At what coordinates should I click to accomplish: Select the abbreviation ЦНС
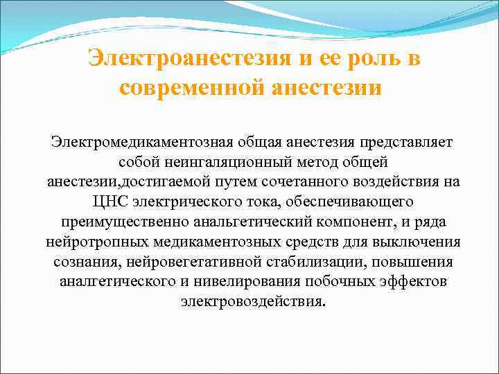110,202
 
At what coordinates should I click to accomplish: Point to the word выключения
420,242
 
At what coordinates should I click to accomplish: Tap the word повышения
414,262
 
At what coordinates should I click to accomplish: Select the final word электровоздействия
251,303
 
